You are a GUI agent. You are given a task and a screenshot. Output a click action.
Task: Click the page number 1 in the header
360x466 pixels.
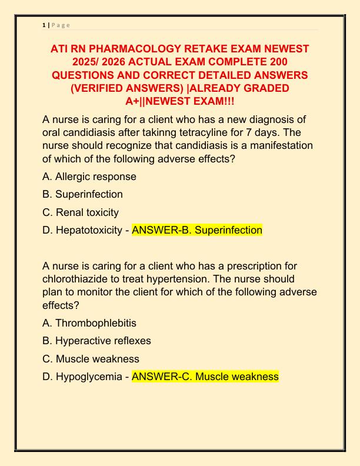tap(44, 25)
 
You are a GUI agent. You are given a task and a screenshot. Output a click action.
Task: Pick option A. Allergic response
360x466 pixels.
tap(89, 177)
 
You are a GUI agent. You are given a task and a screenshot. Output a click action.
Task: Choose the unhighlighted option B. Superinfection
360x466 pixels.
tap(83, 194)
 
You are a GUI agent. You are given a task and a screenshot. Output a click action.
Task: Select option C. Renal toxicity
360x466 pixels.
tap(81, 212)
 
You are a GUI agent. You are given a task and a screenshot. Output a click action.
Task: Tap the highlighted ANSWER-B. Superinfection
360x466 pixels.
tap(197, 230)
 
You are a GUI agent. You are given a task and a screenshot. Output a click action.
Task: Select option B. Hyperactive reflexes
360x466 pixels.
tap(97, 341)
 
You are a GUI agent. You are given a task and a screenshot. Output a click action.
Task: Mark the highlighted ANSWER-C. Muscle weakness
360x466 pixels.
tap(205, 377)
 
